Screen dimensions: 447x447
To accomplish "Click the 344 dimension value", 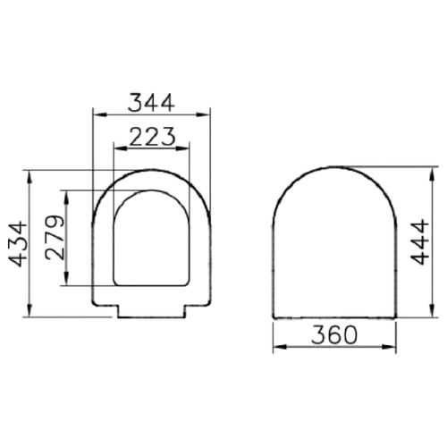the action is coord(151,103).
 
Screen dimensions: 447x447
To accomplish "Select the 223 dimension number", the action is coord(152,137).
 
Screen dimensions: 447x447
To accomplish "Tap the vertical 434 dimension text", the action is coord(18,243).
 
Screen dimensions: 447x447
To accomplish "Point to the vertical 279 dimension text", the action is coord(55,237).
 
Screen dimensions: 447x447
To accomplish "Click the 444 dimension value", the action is coord(419,241).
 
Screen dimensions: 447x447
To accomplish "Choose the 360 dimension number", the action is coord(333,335).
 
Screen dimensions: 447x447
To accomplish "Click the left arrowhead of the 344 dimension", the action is coord(99,114).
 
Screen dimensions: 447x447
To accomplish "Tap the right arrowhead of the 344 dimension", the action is coord(203,114).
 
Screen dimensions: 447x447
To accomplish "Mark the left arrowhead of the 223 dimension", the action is coord(121,148).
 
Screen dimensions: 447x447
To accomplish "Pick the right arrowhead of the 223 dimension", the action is coord(182,148).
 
